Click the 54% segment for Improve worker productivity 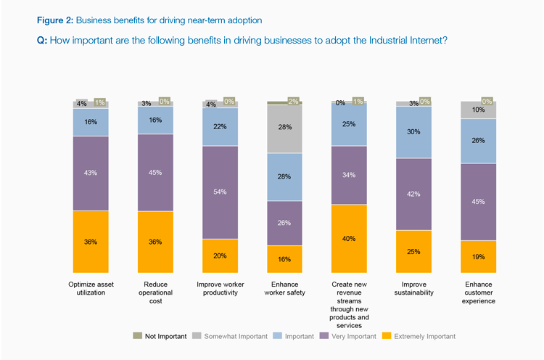pos(221,192)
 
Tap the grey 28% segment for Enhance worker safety pos(285,128)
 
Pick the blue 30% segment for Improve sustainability pos(414,132)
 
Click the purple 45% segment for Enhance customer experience pos(479,202)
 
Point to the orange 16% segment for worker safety pos(285,258)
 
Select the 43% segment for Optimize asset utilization pos(91,173)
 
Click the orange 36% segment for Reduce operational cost pos(156,242)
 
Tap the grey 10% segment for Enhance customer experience pos(479,110)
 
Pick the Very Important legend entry pos(351,336)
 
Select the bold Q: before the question pos(42,41)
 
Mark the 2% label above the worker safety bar pos(294,102)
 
